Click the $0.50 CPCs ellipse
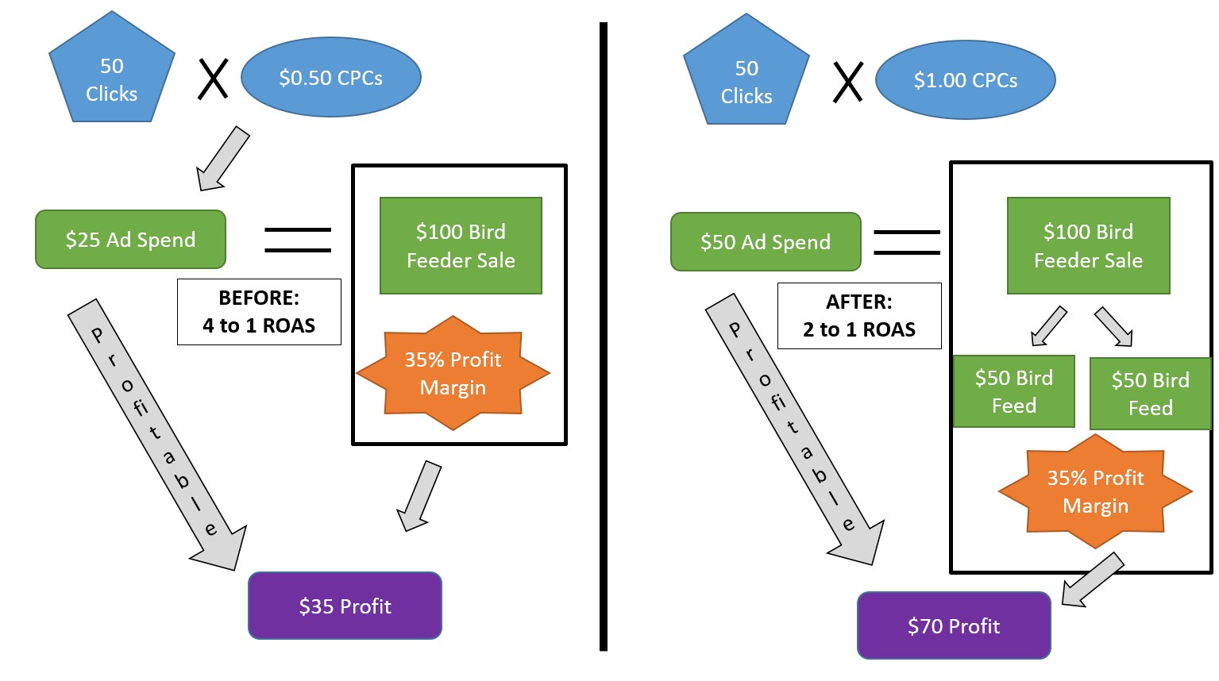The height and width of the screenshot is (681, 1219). [x=331, y=77]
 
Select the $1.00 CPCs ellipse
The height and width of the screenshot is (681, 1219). [x=966, y=79]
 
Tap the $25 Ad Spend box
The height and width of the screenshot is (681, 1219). [x=130, y=240]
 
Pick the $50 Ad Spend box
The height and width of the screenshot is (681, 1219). [x=766, y=241]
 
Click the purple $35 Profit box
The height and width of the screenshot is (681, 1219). [x=345, y=606]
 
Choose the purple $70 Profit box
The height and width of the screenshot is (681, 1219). [x=954, y=625]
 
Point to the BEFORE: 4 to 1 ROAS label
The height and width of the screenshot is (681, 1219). [x=259, y=312]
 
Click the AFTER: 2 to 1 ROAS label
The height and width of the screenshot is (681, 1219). [x=859, y=315]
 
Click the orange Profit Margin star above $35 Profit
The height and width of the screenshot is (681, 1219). [x=453, y=373]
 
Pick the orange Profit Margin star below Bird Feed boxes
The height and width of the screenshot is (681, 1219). [x=1095, y=491]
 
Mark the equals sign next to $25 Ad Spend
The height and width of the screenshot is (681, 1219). [x=298, y=240]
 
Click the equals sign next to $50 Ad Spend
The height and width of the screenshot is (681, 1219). [x=907, y=242]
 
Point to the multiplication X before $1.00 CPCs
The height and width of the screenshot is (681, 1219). [x=848, y=82]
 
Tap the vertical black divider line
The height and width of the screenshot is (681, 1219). [x=603, y=337]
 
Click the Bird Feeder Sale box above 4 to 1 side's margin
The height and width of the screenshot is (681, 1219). [x=461, y=245]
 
